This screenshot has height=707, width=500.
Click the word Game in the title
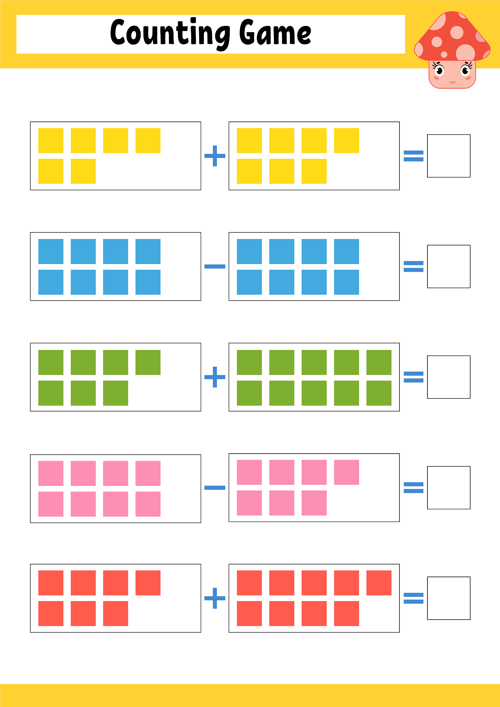coord(275,32)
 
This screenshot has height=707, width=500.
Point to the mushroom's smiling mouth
coord(452,82)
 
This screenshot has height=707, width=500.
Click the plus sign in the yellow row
coord(215,156)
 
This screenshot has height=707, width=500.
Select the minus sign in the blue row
coord(215,266)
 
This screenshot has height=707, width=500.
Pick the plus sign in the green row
coord(215,377)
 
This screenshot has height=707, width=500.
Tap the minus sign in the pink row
coord(215,487)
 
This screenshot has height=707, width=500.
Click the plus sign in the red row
coord(215,598)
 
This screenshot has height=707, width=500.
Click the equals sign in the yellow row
coord(414,156)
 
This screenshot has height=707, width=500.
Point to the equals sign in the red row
coord(414,598)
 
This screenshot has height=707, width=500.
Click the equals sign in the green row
coord(414,377)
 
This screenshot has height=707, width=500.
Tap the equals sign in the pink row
coord(414,487)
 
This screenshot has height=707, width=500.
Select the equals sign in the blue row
coord(414,266)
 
